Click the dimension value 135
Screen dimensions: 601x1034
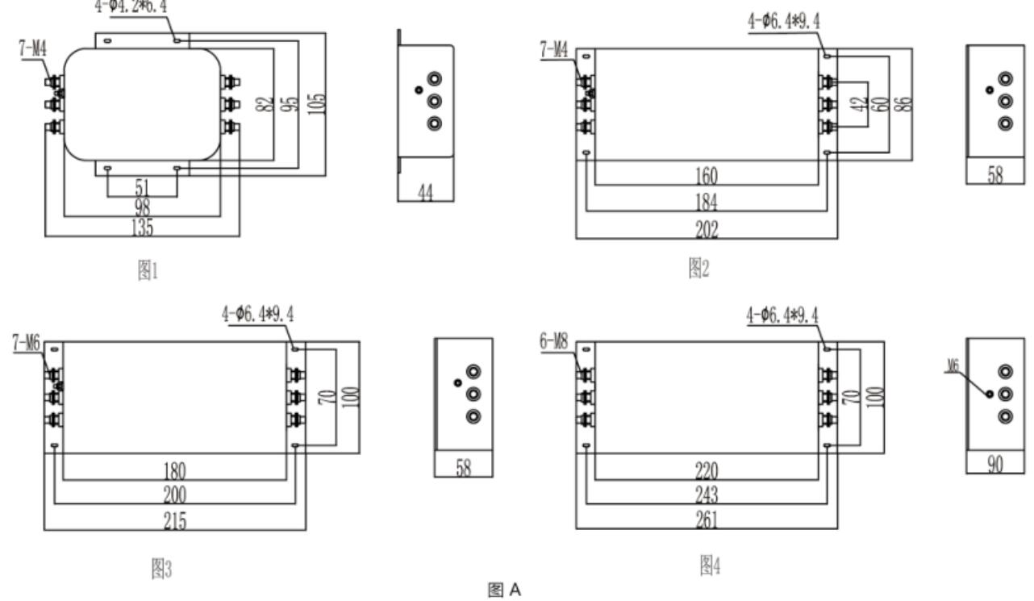tap(142, 227)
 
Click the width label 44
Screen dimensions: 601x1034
tap(426, 192)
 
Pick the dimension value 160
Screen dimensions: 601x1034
tap(707, 176)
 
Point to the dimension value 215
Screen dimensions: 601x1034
tap(175, 521)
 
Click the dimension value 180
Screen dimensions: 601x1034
tap(175, 470)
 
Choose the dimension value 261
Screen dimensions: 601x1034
tap(707, 520)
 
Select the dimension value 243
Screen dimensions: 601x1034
tap(707, 495)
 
